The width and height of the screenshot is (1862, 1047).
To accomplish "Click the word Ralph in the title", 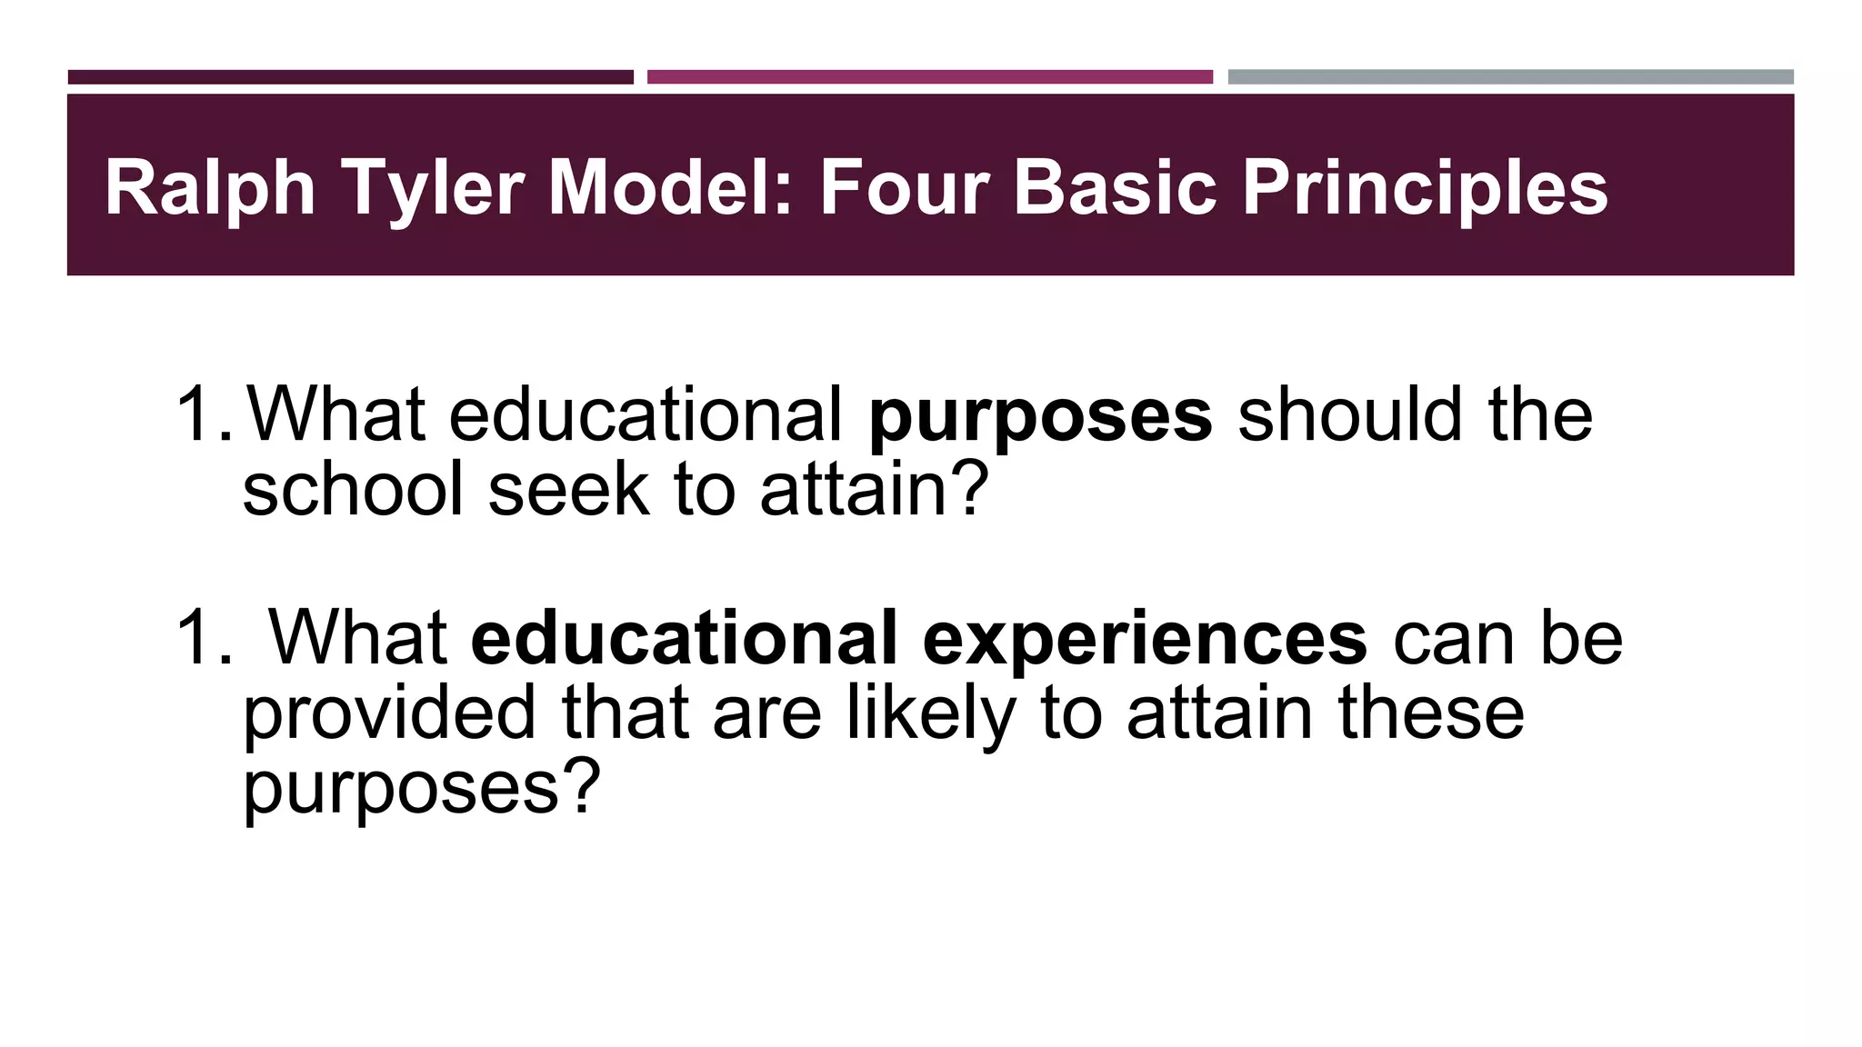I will click(210, 188).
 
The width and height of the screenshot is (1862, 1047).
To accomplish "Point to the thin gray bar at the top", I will click(1510, 77).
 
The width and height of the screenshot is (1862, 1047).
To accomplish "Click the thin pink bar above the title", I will click(929, 77).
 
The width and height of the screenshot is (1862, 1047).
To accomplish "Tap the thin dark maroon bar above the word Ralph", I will click(350, 77).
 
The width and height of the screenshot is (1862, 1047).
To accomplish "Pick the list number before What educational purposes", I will click(202, 414).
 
